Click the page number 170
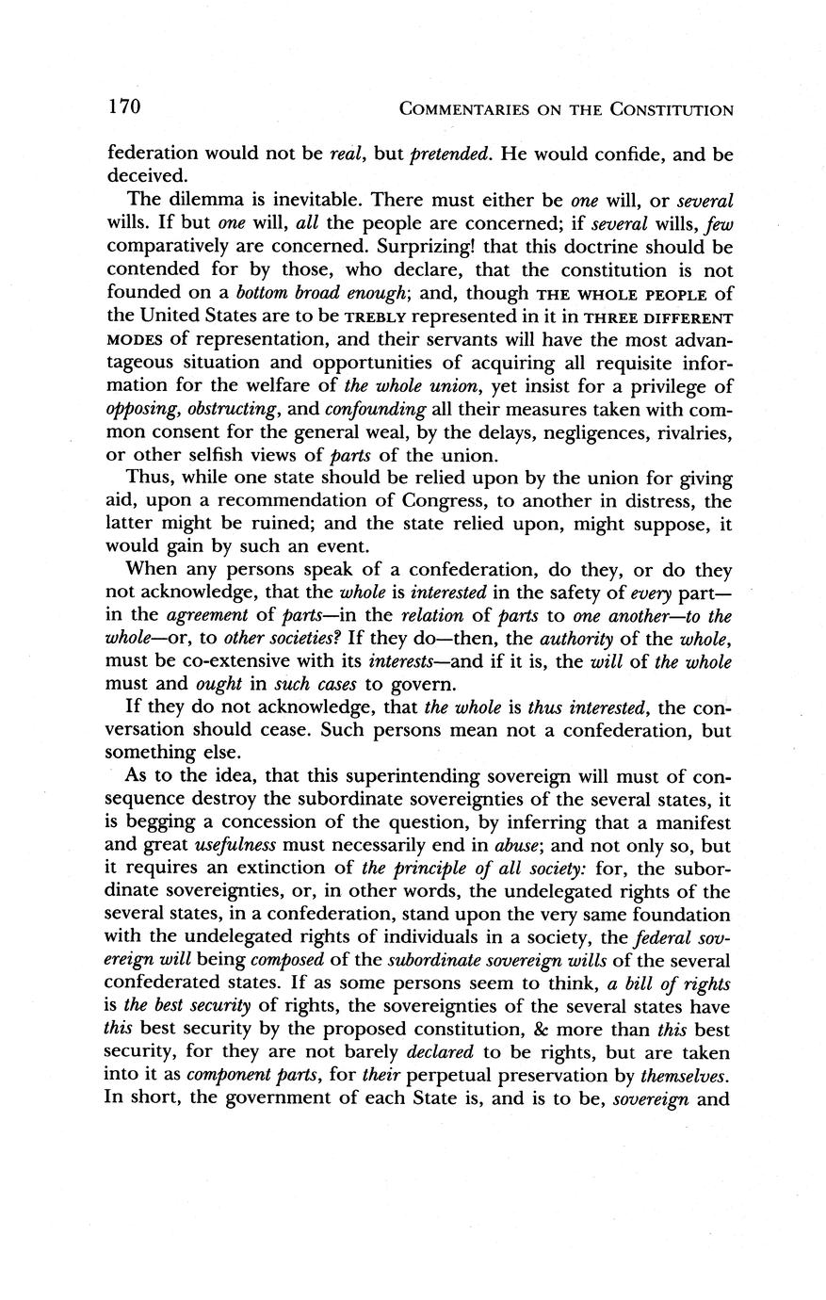pos(123,107)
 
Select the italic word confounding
pos(375,407)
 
